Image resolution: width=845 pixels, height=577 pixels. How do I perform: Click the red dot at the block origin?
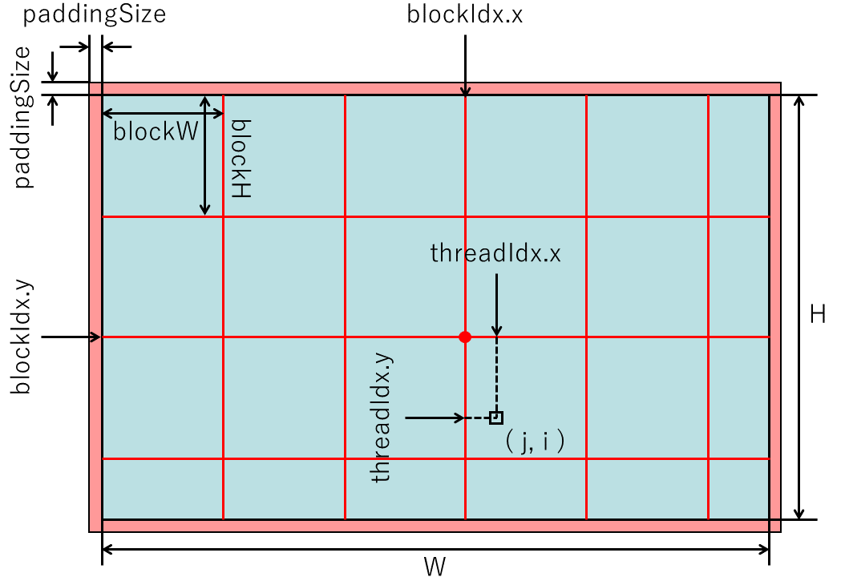465,337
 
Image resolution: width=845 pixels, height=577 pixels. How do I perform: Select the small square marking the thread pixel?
496,418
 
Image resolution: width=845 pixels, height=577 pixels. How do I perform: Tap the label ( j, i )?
535,443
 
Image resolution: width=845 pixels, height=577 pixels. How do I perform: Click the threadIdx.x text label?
495,254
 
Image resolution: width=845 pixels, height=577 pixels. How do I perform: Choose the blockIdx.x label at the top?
465,14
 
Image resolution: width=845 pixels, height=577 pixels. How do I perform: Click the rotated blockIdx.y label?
22,337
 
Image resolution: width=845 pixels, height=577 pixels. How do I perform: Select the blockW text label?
156,132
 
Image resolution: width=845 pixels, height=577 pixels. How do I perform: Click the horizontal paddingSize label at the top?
94,14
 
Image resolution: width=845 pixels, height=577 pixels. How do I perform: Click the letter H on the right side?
818,315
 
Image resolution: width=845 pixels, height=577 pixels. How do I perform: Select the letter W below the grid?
435,566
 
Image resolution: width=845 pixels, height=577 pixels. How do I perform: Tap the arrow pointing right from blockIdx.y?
71,337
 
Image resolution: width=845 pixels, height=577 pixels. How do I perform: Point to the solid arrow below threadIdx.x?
496,305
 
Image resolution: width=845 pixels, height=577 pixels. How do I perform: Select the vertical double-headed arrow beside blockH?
205,155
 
